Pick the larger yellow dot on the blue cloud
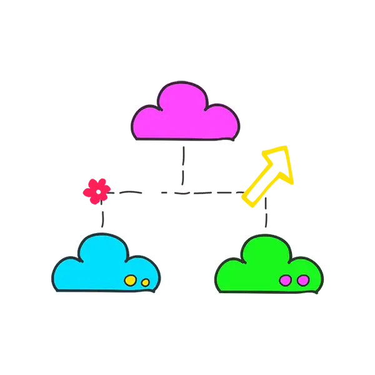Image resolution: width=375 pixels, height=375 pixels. [x=131, y=281]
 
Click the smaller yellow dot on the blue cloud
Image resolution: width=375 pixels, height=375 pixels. [x=146, y=282]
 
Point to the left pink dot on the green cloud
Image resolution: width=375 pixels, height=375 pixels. [x=286, y=281]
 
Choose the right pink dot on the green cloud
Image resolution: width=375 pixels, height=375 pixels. [x=302, y=281]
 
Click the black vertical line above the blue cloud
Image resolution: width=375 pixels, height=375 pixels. [x=101, y=216]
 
